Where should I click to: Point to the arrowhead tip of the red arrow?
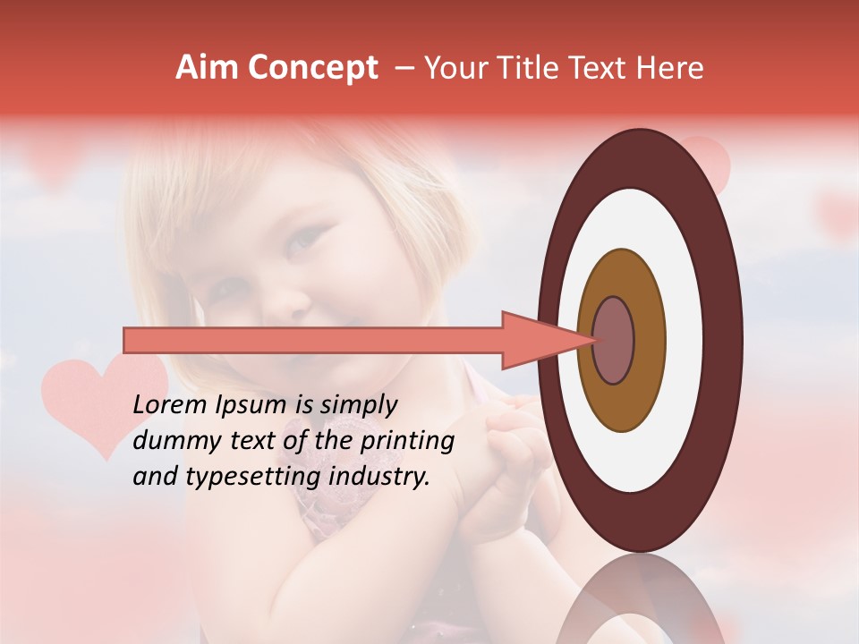(594, 340)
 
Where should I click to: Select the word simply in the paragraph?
(359, 406)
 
